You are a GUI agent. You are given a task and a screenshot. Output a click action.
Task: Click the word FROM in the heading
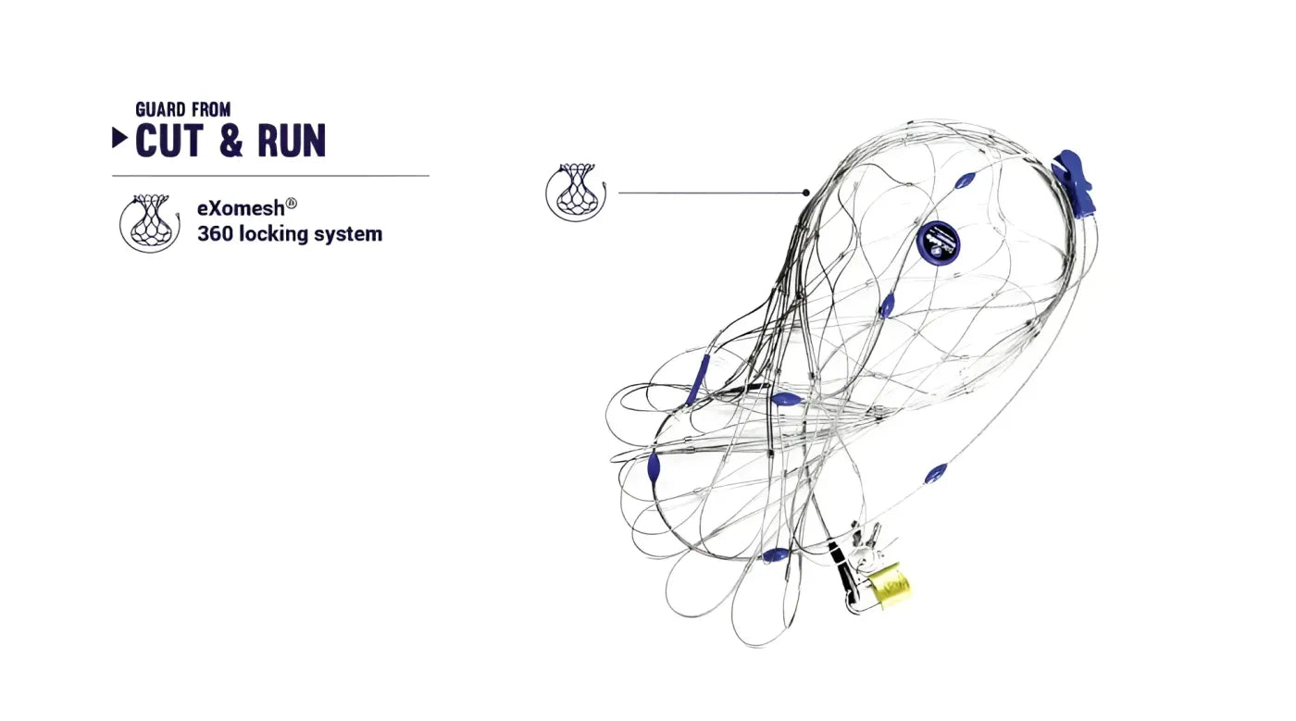(211, 109)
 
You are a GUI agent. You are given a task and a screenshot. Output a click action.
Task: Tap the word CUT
(169, 140)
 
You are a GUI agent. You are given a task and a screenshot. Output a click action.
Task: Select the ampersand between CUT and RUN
(231, 141)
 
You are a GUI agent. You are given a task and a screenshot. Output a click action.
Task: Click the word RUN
(292, 140)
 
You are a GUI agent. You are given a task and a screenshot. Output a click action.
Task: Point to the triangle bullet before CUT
(119, 138)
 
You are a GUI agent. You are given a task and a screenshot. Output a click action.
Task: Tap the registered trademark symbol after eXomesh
(292, 203)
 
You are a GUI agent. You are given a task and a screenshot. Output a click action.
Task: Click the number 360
(215, 234)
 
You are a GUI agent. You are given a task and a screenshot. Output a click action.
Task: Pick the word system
(354, 234)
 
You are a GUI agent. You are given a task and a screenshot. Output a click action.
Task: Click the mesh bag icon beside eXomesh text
(150, 223)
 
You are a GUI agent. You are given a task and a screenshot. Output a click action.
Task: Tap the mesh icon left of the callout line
(576, 193)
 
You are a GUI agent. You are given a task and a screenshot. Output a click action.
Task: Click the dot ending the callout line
(806, 193)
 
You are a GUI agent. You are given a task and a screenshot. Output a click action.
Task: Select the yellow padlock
(889, 586)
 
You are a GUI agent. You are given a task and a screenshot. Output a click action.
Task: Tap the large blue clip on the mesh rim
(1072, 183)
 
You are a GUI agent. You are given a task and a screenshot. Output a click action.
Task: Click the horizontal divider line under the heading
(270, 175)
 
